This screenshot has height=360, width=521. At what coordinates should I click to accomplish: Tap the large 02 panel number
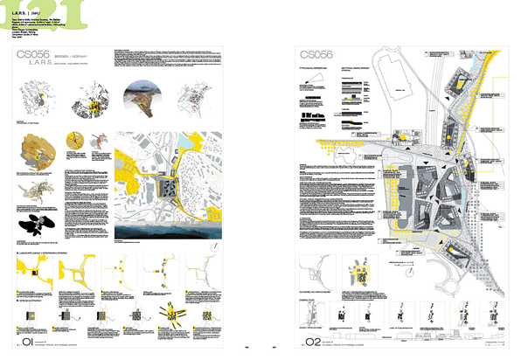[x=312, y=336]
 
